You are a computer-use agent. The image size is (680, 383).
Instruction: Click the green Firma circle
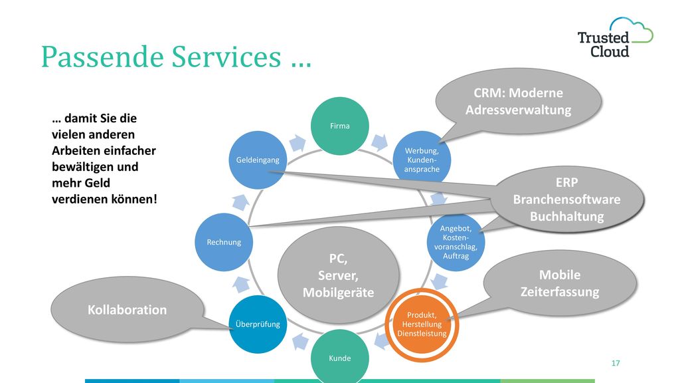(x=339, y=126)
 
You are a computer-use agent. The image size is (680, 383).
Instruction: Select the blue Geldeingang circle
(x=258, y=160)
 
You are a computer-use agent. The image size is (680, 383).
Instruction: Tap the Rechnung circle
(x=224, y=242)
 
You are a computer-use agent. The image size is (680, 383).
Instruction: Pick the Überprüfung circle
(x=258, y=324)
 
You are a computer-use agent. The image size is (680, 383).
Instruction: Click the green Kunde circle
(x=339, y=358)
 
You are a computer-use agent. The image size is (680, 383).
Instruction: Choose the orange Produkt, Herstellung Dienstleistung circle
(x=422, y=324)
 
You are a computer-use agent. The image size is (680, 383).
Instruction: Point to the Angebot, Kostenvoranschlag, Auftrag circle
(x=456, y=242)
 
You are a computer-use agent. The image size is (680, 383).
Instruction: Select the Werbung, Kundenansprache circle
(x=422, y=160)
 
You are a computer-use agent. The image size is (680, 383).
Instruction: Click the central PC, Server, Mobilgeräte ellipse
(x=338, y=275)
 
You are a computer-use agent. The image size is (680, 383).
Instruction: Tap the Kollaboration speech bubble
(x=127, y=309)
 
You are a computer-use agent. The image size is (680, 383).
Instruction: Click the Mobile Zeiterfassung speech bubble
(x=559, y=283)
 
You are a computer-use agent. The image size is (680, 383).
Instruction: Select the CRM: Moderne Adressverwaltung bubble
(x=518, y=101)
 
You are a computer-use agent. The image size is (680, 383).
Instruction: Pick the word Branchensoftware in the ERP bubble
(x=567, y=199)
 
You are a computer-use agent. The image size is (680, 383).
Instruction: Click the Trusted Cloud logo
(x=615, y=38)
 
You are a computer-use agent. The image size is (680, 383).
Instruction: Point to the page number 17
(x=616, y=363)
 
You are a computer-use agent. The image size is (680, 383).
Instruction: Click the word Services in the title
(x=226, y=57)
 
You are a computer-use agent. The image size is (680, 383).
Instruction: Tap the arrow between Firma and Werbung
(x=379, y=142)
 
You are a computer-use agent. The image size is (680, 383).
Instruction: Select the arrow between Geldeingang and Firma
(x=297, y=143)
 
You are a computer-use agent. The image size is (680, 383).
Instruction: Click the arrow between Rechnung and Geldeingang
(x=240, y=202)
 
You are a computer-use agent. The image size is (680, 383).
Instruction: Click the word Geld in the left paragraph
(x=97, y=183)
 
